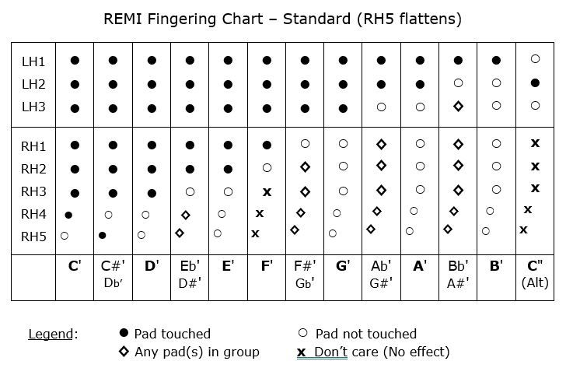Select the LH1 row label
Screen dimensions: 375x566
pos(33,60)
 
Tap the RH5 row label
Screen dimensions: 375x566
pos(33,237)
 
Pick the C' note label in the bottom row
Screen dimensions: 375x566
pos(75,266)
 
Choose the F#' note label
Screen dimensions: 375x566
pos(305,266)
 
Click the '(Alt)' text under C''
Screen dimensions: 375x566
pos(534,284)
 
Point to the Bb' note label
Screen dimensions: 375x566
pos(458,266)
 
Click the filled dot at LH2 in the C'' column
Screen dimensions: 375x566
pos(534,82)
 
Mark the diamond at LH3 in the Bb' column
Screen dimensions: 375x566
pos(458,106)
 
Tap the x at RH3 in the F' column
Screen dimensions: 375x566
pos(267,191)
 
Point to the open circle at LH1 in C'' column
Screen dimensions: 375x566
pos(534,59)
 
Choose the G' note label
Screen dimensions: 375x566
pos(343,266)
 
